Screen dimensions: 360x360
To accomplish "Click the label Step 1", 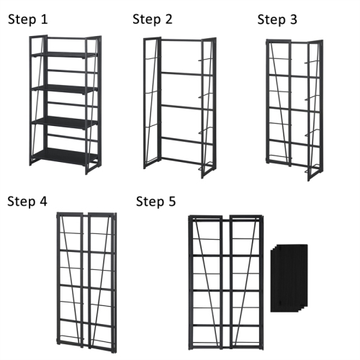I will pyautogui.click(x=28, y=19).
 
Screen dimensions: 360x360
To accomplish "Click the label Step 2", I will pyautogui.click(x=152, y=19).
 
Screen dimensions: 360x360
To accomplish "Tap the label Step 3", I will pyautogui.click(x=276, y=19).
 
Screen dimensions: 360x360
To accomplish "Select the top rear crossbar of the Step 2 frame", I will pyautogui.click(x=180, y=42).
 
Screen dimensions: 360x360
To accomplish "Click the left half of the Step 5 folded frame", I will pyautogui.click(x=208, y=281).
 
